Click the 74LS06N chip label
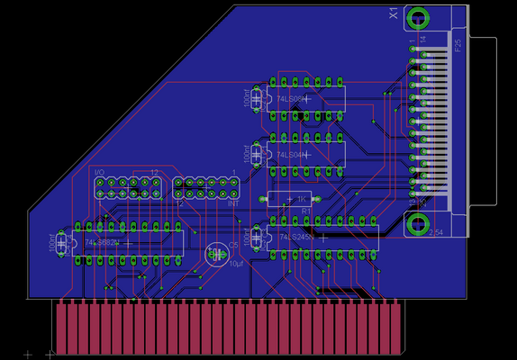290,99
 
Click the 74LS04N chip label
290,155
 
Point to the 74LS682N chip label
101,242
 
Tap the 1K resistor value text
303,198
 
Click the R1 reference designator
305,211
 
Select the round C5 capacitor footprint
216,255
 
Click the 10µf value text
236,265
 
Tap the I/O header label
100,171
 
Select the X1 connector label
393,14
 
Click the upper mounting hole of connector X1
419,18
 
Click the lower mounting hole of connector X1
418,222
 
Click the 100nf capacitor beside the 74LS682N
61,242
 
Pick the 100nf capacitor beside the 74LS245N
258,237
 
